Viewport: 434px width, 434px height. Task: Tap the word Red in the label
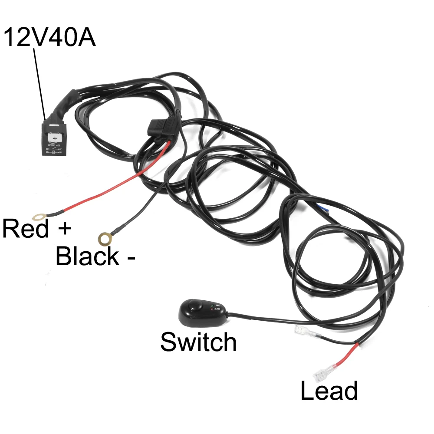coord(25,229)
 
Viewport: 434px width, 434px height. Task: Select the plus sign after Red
coord(63,229)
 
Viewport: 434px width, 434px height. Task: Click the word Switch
coord(198,342)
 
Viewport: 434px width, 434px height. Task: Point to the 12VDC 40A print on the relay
coord(55,146)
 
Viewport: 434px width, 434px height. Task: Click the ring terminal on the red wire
coord(39,216)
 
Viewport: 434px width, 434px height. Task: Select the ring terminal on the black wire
coord(104,238)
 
